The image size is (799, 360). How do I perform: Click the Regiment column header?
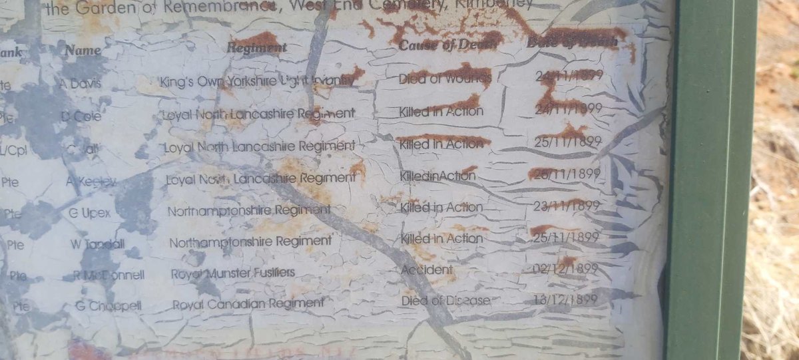tap(256, 48)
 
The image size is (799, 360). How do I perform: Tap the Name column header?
tap(83, 51)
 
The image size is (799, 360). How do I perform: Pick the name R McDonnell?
tap(109, 275)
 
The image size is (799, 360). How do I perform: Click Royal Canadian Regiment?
tap(248, 304)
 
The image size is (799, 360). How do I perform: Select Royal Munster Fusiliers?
tap(233, 273)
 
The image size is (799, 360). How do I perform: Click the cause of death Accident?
tap(427, 270)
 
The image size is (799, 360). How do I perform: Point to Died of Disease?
tap(445, 301)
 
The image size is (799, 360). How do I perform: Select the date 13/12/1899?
tap(565, 299)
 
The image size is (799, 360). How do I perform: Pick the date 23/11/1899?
tap(567, 206)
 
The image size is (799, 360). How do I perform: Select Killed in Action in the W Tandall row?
tap(441, 238)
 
